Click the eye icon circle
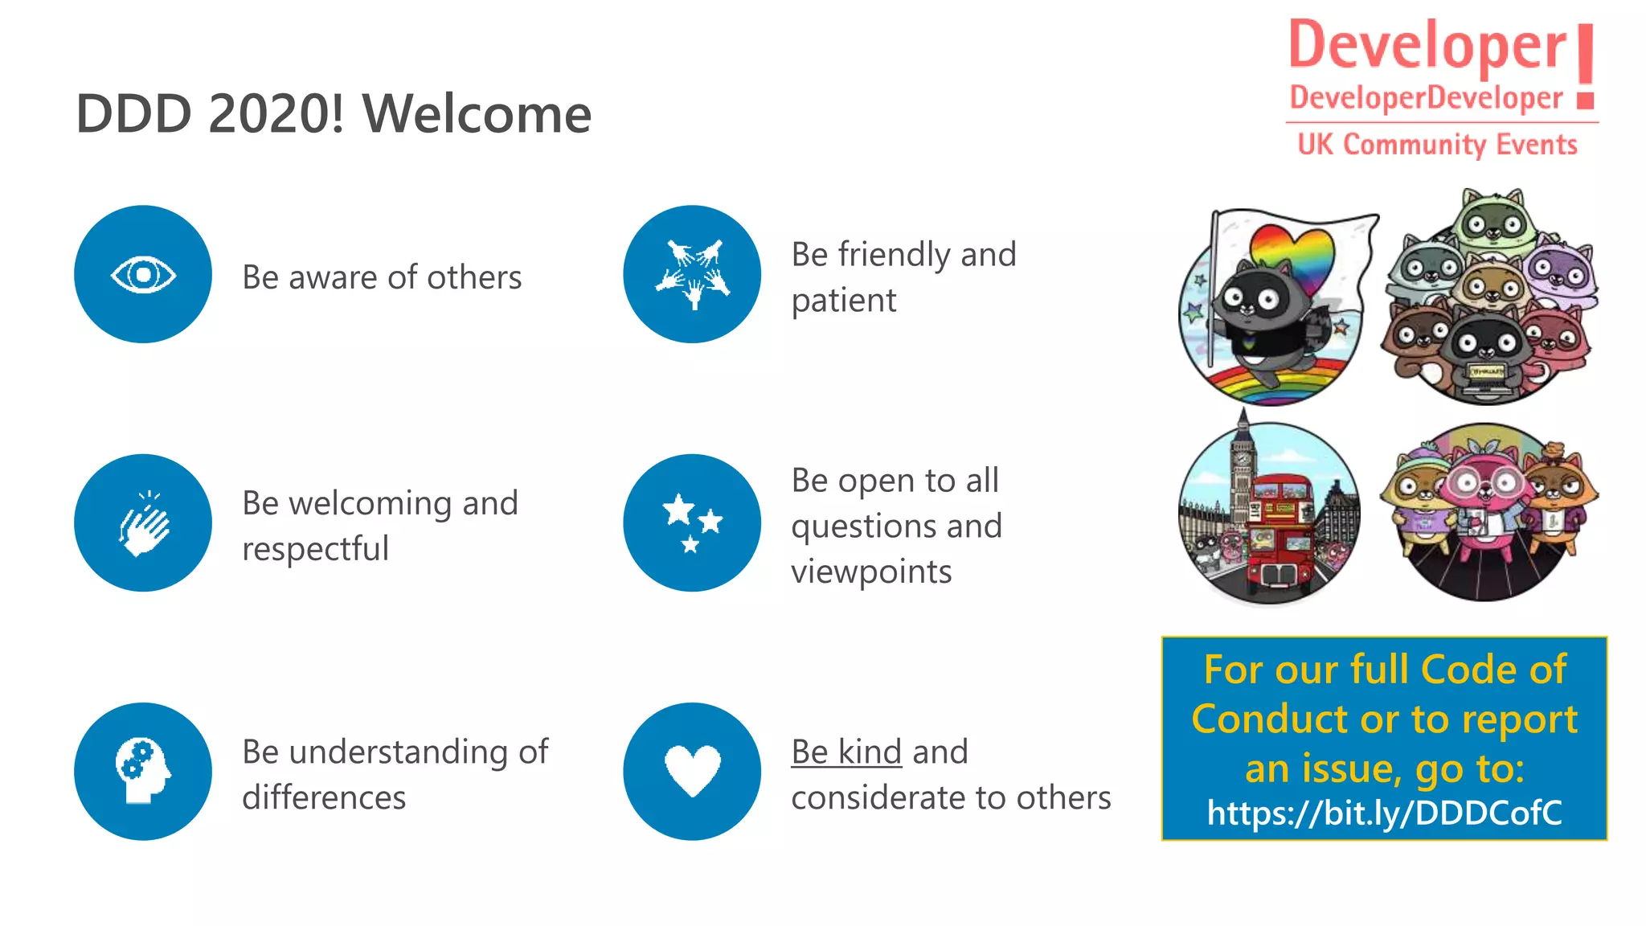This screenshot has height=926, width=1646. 143,274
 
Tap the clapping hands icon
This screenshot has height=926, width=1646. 143,523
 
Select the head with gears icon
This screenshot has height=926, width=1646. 143,772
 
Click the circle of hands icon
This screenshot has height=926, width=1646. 692,274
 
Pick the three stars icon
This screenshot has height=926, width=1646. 692,523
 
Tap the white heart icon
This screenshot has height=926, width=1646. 692,772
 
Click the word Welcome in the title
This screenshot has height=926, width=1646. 477,113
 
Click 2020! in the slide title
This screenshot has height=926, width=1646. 276,113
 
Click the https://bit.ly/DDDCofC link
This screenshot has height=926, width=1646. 1384,813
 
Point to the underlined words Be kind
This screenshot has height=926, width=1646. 846,752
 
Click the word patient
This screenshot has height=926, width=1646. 843,301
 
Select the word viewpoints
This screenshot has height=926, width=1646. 871,572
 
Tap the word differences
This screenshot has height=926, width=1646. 324,797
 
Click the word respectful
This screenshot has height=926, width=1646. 315,549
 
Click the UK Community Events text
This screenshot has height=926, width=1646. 1437,145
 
